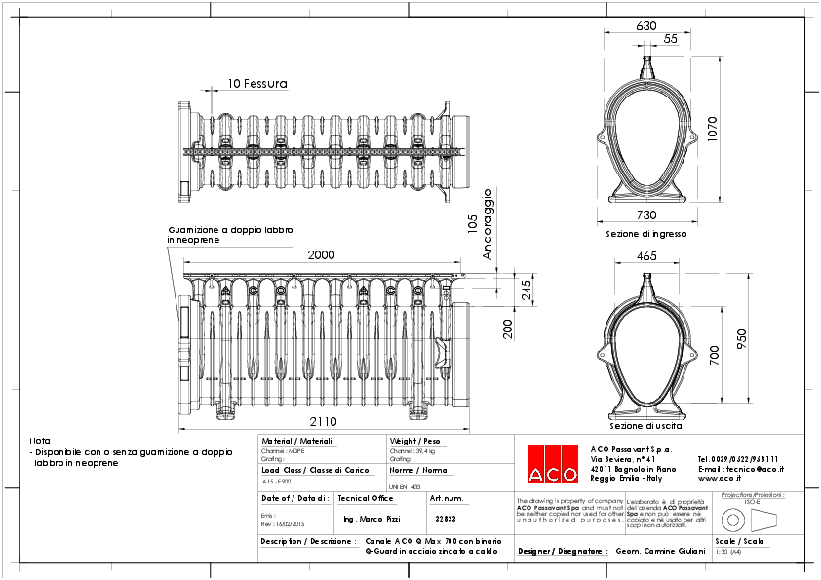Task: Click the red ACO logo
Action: (x=551, y=463)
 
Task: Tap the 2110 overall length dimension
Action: (x=323, y=422)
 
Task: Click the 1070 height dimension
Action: (x=712, y=129)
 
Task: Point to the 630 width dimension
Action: (x=645, y=26)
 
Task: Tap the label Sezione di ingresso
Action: (x=646, y=235)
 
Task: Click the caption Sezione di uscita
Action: (x=645, y=426)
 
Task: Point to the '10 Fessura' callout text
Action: (x=257, y=84)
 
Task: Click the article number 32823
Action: (x=446, y=519)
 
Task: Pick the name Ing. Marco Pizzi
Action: (x=372, y=519)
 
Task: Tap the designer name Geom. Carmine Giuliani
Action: (x=661, y=551)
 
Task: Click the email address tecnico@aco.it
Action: (x=740, y=469)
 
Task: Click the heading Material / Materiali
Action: (x=297, y=441)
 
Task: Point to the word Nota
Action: (x=40, y=441)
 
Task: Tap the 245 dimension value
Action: (x=526, y=290)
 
